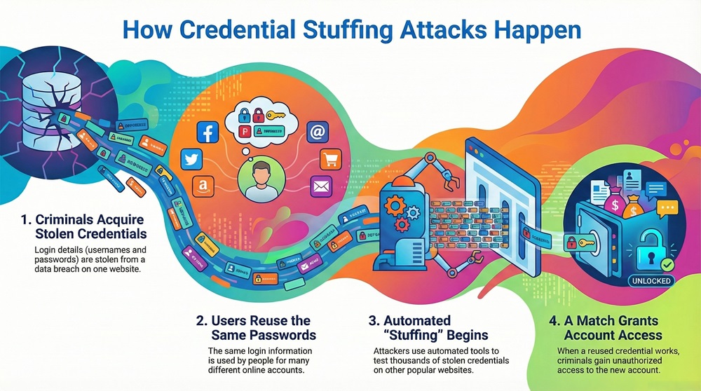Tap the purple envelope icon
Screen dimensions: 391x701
[321, 187]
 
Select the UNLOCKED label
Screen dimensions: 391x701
[651, 280]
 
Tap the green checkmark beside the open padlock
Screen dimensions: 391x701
[667, 265]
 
